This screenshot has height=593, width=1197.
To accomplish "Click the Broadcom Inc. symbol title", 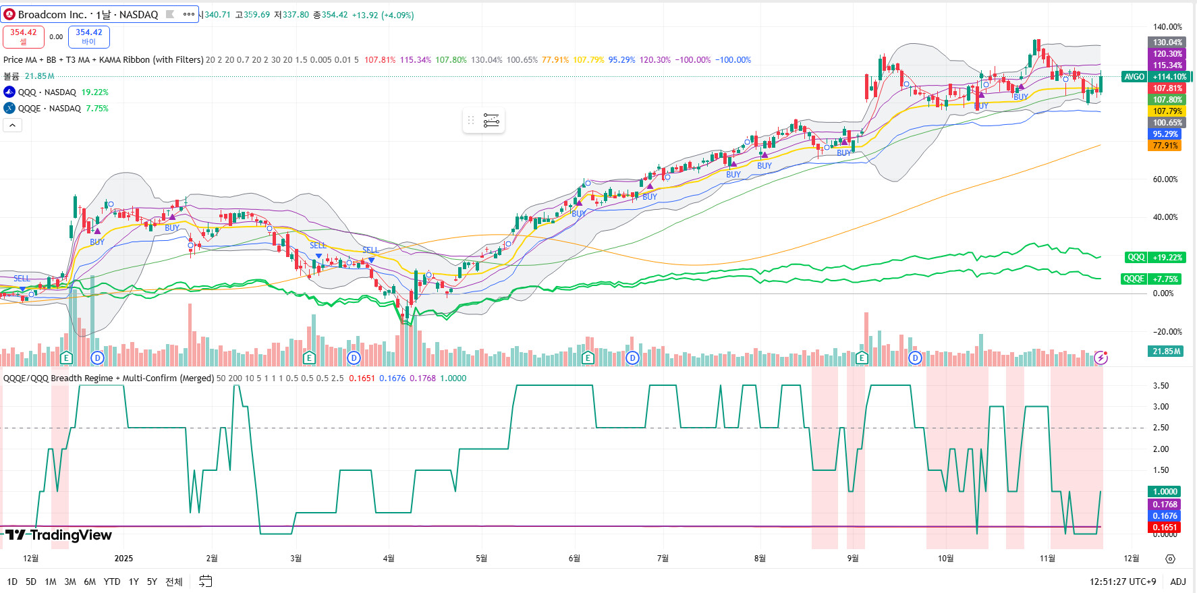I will pos(88,14).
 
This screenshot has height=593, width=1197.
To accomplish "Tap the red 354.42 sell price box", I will pos(24,36).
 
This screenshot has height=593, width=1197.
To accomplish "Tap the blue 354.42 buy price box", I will pos(89,36).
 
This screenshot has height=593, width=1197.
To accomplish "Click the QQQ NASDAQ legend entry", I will pos(47,92).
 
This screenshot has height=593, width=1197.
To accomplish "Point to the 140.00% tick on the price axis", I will pos(1167,27).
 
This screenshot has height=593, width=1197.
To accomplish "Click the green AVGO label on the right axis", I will pos(1134,77).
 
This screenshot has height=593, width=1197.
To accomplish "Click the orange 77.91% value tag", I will pos(1165,146).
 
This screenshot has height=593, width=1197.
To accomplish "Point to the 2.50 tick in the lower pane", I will pos(1161,428).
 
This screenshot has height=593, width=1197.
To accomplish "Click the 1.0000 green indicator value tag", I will pos(1165,492).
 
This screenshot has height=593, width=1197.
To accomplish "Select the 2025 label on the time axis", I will pos(123,559).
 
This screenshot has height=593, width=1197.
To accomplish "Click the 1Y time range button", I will pos(134,582).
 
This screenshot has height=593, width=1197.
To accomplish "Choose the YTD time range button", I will pos(112,582).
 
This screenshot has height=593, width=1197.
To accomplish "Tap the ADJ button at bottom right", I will pos(1178,582).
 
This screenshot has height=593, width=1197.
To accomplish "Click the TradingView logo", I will pos(59,536).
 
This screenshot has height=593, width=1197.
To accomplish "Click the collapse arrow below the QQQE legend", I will pos(12,125).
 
